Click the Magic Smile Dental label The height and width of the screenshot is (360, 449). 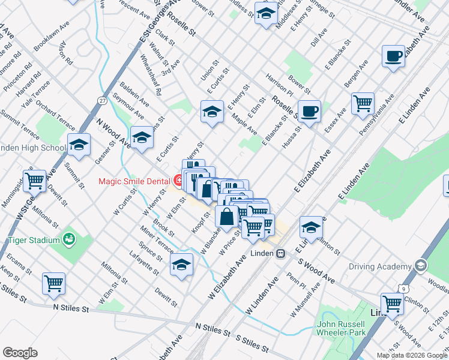[x=135, y=180]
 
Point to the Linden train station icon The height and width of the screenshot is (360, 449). [x=280, y=254]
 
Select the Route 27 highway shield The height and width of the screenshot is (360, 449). [x=103, y=101]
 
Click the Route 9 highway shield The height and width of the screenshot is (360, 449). [x=405, y=289]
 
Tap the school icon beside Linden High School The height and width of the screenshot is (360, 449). [x=78, y=144]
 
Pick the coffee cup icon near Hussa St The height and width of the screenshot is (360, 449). [x=310, y=112]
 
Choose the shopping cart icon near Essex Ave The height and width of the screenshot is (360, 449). [x=363, y=103]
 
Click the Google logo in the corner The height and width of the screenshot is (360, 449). [x=20, y=353]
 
